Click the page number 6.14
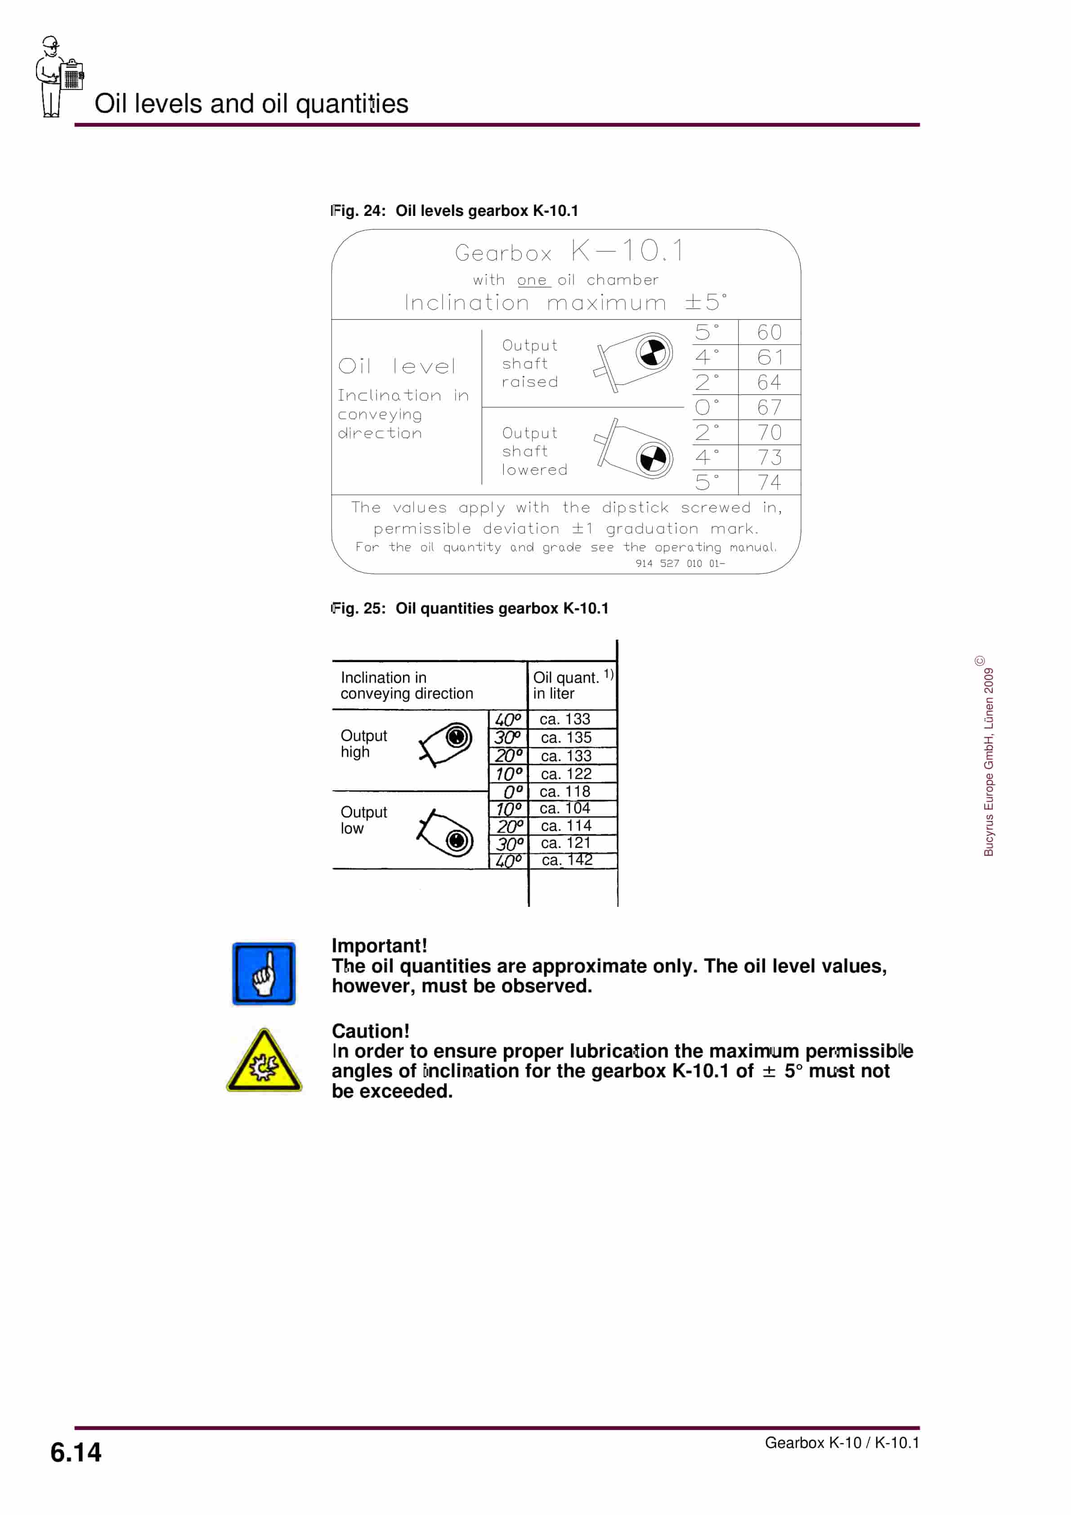(x=76, y=1452)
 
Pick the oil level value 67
(x=769, y=407)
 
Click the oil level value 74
(x=769, y=482)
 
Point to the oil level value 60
(x=769, y=332)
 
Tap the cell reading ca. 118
(x=565, y=791)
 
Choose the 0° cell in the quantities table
(x=512, y=791)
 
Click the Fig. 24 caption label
(x=454, y=211)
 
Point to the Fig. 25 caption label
(x=469, y=608)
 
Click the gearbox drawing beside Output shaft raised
(x=633, y=362)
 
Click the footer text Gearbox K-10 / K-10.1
(x=841, y=1443)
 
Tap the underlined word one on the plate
(x=532, y=280)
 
